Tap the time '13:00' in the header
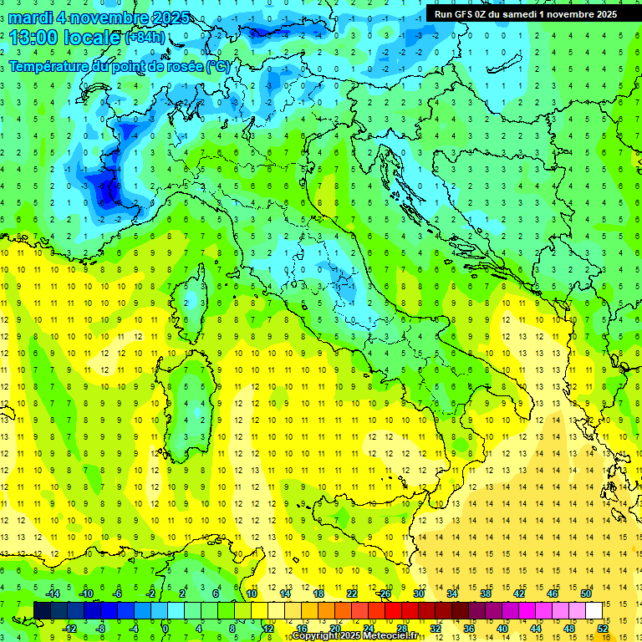(33, 38)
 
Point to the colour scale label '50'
(587, 594)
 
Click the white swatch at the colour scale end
(594, 610)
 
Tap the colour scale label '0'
(166, 629)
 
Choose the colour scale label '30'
(419, 594)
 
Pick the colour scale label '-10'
(84, 594)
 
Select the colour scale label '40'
(502, 629)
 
